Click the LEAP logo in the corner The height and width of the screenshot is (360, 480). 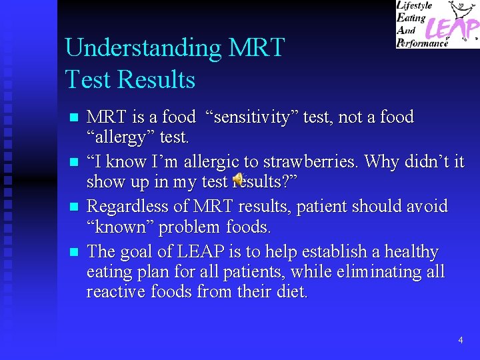click(x=437, y=24)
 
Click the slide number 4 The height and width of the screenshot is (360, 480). click(x=460, y=341)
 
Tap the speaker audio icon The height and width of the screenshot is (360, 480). click(x=239, y=179)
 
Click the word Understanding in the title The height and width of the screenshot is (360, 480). click(x=143, y=48)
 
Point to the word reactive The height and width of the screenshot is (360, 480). click(x=113, y=292)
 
